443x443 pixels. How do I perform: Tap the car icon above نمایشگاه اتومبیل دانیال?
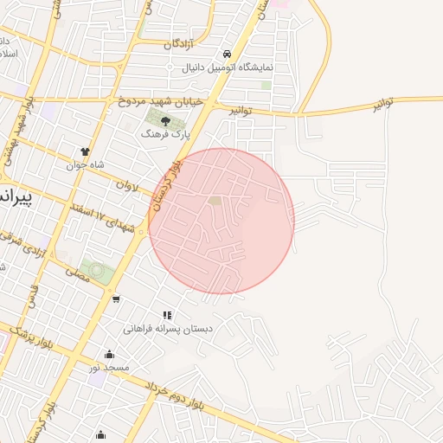pos(227,53)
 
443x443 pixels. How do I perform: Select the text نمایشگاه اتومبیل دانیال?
pos(228,67)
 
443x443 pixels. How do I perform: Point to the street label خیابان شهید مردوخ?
pos(162,101)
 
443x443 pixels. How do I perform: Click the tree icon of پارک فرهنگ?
pos(166,119)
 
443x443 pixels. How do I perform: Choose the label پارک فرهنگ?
pos(166,134)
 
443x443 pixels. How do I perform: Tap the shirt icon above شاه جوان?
pos(85,151)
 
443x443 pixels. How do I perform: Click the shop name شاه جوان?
pos(85,164)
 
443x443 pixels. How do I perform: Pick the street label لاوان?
pos(126,184)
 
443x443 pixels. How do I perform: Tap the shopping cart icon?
pos(116,299)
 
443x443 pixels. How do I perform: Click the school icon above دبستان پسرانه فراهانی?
pos(167,316)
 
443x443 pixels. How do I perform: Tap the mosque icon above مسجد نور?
pos(109,354)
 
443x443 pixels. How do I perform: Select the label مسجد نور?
pos(109,368)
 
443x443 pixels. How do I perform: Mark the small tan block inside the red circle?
pos(215,201)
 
